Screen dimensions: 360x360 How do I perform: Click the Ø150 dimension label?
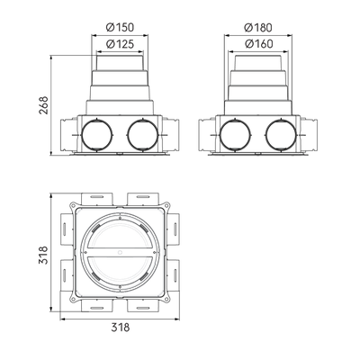(x=120, y=27)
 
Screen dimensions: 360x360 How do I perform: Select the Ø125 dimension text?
(x=120, y=44)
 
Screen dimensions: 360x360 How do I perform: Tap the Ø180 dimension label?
(x=258, y=28)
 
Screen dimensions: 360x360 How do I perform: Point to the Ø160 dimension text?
(x=259, y=44)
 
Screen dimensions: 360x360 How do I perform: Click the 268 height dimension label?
(x=44, y=105)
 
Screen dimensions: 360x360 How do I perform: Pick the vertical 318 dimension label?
(x=44, y=255)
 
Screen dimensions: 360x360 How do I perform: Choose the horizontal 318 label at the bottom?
(x=121, y=327)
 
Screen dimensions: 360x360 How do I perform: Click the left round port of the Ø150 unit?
(x=97, y=135)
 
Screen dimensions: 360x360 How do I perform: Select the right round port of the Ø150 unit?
(x=143, y=135)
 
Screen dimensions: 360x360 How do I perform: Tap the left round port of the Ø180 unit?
(x=235, y=135)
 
